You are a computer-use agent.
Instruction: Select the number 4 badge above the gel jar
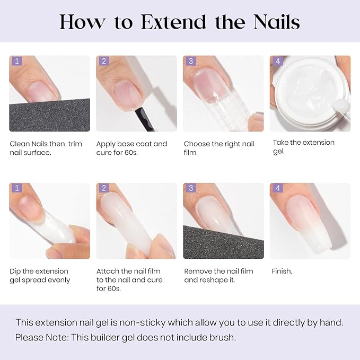point(277,61)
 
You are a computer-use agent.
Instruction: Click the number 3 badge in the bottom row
point(190,188)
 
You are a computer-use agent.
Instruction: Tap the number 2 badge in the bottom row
point(103,188)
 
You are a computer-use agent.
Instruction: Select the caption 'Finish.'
point(282,271)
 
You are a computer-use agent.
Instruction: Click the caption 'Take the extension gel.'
point(303,147)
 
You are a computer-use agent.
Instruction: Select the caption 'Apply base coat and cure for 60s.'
point(131,148)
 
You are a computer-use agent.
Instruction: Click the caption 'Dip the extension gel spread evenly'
point(40,276)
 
